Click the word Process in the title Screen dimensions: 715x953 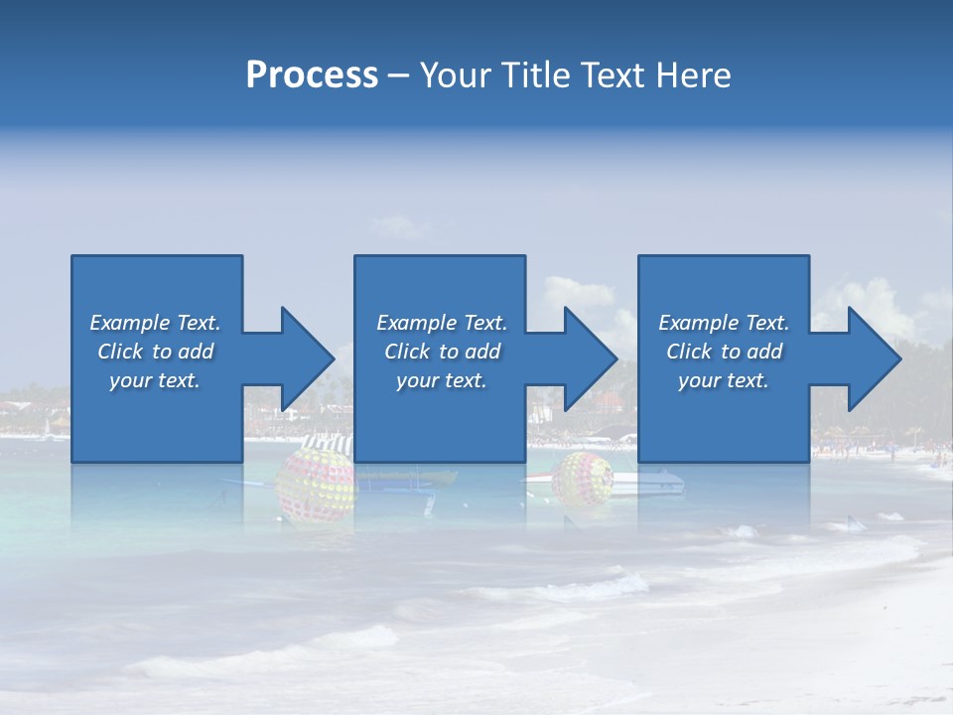312,75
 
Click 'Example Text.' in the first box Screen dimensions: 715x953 155,323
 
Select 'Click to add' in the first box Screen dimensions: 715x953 155,352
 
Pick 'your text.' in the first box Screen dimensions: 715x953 155,380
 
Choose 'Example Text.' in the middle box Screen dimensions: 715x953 442,323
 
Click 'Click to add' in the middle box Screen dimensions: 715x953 442,352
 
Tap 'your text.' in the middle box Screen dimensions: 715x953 442,380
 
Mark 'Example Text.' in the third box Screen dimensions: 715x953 724,323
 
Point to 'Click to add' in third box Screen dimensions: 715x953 724,352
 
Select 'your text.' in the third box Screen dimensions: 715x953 724,380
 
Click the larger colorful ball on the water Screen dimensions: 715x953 315,485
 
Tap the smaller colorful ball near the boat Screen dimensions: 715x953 583,481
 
